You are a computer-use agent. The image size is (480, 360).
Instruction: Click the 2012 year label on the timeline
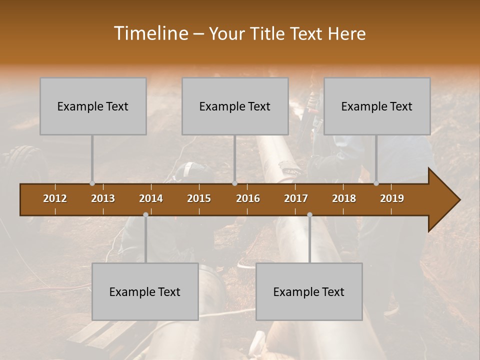(55, 198)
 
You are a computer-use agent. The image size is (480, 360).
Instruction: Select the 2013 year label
(103, 198)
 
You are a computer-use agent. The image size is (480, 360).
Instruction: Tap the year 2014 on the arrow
(151, 198)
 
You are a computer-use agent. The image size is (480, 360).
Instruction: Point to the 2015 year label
(199, 198)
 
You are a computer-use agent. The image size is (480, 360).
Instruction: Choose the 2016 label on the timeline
(248, 198)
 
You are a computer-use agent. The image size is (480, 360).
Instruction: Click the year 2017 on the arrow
(296, 198)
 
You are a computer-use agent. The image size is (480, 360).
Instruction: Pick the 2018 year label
(344, 198)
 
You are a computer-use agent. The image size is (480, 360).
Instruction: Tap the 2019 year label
(392, 198)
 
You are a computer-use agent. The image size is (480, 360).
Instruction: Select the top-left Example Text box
(93, 106)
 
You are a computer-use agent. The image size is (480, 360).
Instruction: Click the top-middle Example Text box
(235, 106)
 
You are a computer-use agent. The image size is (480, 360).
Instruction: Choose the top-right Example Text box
(377, 106)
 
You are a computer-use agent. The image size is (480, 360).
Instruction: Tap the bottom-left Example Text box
(145, 291)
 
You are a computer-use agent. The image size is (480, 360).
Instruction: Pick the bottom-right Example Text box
(309, 291)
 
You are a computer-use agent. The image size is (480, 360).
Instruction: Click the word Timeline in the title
(150, 33)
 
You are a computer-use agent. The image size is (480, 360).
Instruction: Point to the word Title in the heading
(270, 33)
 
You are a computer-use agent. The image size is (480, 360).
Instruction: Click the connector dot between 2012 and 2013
(92, 183)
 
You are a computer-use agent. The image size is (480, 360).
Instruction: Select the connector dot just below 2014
(145, 214)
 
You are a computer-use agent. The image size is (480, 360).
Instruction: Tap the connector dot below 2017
(309, 214)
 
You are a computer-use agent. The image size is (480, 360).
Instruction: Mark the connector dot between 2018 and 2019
(376, 183)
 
